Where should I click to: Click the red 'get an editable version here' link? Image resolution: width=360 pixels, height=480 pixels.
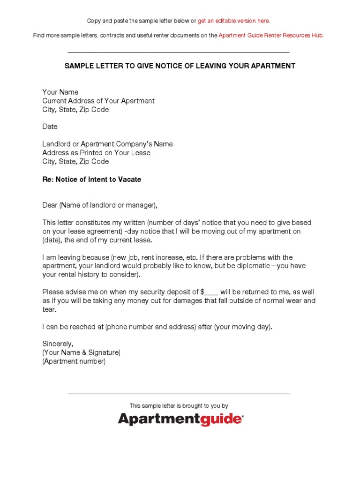[233, 21]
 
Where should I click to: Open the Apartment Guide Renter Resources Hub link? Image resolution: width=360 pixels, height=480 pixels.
[270, 36]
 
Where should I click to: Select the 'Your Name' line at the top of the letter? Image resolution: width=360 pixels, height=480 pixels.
[60, 92]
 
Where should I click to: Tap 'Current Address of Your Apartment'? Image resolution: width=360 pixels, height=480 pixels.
[98, 101]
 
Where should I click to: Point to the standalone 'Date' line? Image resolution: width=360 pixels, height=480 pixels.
[50, 127]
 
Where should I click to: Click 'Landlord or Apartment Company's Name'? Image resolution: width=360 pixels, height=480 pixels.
[107, 144]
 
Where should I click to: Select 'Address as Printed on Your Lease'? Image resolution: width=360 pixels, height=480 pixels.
[96, 153]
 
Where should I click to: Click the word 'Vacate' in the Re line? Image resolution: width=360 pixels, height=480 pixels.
[130, 179]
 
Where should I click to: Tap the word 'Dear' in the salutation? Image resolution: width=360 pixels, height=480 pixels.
[50, 205]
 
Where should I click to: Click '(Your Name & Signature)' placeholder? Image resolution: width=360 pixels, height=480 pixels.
[82, 352]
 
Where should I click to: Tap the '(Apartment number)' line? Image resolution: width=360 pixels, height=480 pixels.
[74, 361]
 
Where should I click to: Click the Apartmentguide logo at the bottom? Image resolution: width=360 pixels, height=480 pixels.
[180, 419]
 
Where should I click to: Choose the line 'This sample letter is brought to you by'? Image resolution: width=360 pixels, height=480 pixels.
[179, 406]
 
